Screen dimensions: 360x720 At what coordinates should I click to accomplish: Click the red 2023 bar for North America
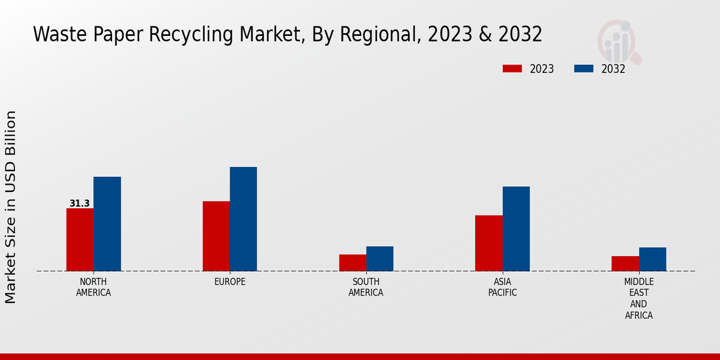(x=80, y=239)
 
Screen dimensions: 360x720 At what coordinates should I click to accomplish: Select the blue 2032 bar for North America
(x=107, y=224)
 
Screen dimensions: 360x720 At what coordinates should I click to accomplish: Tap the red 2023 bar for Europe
(x=216, y=236)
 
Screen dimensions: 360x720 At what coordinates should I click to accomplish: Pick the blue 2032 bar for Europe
(x=243, y=219)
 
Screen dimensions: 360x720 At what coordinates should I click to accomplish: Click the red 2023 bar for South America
(x=352, y=263)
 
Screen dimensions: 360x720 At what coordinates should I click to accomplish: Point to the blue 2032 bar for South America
(x=380, y=259)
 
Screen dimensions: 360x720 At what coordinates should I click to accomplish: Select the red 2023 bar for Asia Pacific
(x=488, y=243)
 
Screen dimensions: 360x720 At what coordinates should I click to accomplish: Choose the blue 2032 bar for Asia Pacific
(x=516, y=229)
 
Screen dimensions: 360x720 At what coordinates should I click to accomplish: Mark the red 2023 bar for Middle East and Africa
(x=625, y=263)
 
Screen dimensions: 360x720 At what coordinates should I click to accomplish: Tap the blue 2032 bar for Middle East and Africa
(x=652, y=259)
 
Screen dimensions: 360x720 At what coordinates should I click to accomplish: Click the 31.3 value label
(x=80, y=203)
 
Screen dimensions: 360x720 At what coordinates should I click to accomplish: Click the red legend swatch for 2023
(x=512, y=68)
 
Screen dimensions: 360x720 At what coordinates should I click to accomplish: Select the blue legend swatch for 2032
(x=583, y=68)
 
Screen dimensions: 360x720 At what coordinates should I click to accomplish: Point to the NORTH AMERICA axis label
(x=94, y=287)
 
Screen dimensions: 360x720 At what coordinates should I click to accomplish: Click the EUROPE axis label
(x=230, y=281)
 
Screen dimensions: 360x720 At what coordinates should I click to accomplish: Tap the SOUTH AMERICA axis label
(x=366, y=287)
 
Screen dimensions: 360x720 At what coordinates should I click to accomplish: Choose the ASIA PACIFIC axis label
(x=502, y=287)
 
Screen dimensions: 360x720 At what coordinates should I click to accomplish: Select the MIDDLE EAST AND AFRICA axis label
(x=639, y=298)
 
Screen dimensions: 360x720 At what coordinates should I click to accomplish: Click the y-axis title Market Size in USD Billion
(x=11, y=207)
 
